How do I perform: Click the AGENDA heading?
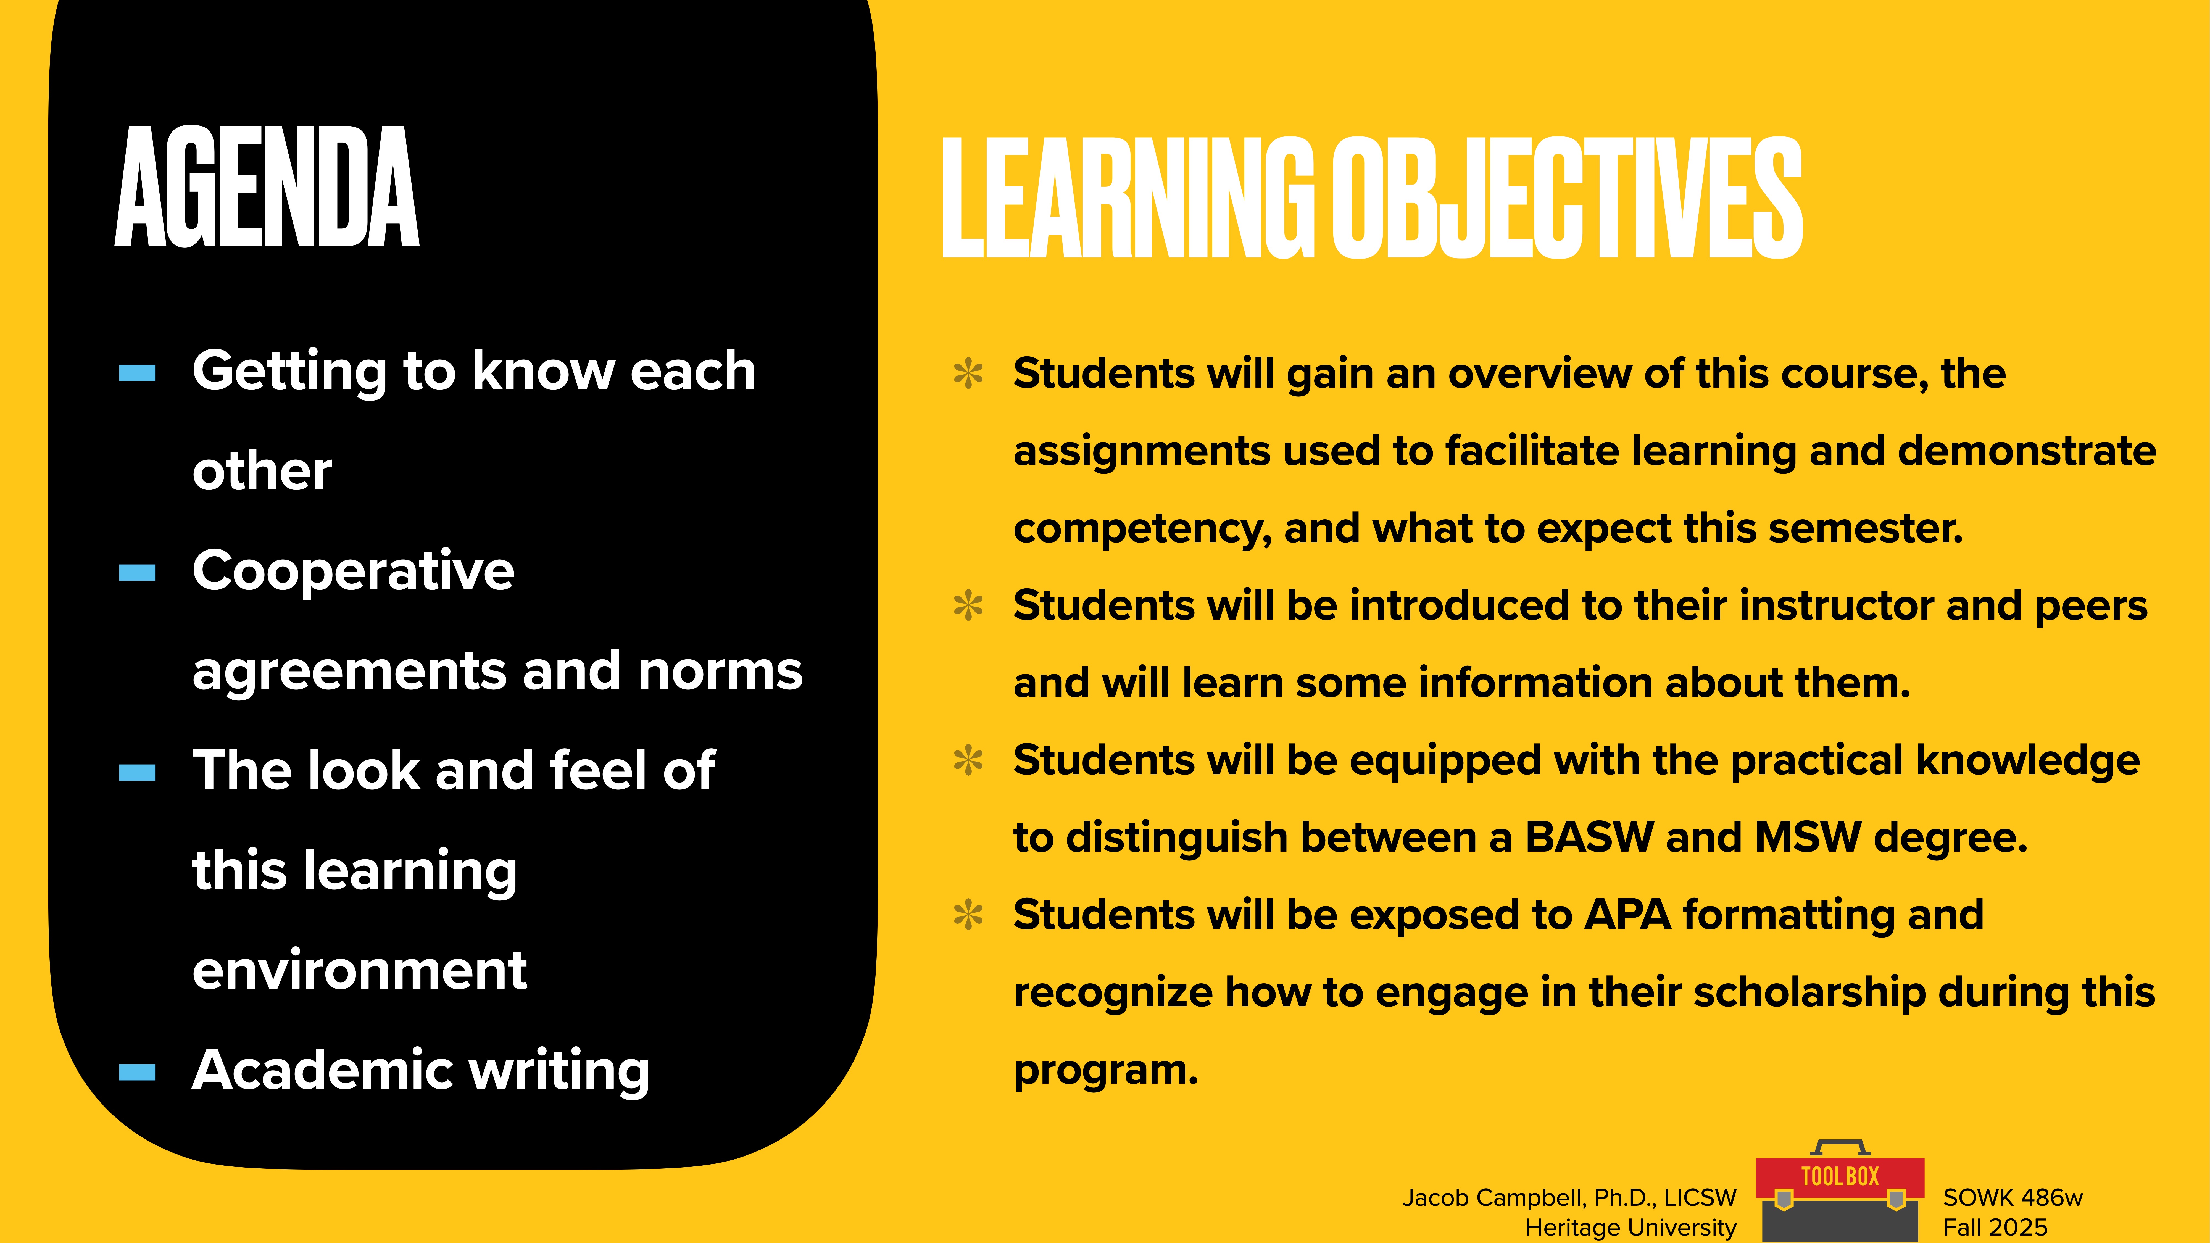[x=267, y=187]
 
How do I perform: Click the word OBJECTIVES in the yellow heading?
[x=1567, y=199]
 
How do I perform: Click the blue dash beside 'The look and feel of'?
[x=137, y=773]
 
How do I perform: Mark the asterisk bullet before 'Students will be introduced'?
[x=969, y=607]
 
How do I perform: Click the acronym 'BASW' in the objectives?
[x=1589, y=837]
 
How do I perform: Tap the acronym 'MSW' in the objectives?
[x=1808, y=837]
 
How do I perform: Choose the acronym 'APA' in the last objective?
[x=1627, y=915]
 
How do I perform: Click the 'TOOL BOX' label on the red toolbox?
[x=1839, y=1176]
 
